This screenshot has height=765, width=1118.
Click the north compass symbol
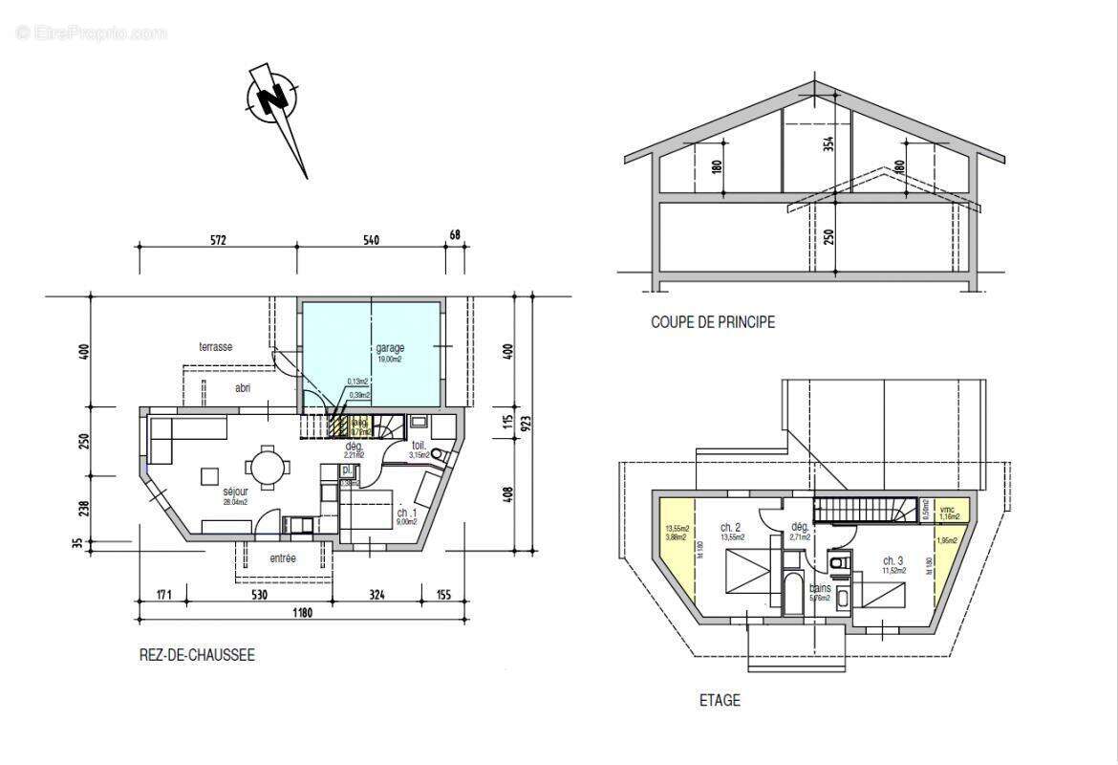tap(273, 98)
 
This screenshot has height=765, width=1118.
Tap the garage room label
tap(390, 349)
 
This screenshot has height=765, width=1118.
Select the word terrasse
tap(216, 347)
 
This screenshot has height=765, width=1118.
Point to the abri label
tap(245, 388)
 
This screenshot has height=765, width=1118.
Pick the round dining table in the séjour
tap(265, 469)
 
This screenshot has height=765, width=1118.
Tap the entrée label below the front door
tap(282, 558)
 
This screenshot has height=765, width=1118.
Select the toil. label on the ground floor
tap(418, 446)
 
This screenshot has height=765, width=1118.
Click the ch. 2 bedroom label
tap(731, 527)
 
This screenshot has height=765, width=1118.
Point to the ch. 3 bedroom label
tap(892, 560)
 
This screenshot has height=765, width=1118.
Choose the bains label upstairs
tap(820, 588)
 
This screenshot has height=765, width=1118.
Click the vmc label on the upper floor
tap(947, 509)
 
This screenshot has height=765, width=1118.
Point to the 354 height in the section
tap(828, 143)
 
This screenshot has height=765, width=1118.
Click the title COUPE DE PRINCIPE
tap(712, 323)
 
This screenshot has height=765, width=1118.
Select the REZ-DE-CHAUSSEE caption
tap(197, 656)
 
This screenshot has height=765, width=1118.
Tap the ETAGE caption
tap(719, 701)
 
